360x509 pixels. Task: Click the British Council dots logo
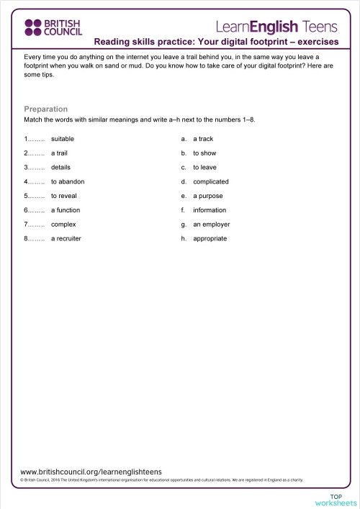point(34,27)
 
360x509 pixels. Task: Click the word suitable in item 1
point(63,138)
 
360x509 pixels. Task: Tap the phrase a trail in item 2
point(60,153)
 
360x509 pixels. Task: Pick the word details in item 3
point(60,167)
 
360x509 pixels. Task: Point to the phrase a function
point(66,210)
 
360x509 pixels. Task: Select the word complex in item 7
point(63,225)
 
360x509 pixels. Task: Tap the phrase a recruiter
point(66,238)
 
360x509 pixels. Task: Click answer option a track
point(203,138)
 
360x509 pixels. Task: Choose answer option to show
point(204,153)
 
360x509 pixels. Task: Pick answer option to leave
point(204,167)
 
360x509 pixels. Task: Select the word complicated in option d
point(211,181)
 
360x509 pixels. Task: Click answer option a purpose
point(208,196)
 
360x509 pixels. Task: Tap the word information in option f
point(210,210)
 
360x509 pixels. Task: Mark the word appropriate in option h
point(210,238)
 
